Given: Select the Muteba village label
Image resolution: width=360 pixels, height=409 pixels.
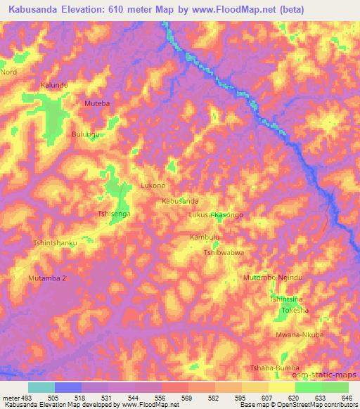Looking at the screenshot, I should [97, 103].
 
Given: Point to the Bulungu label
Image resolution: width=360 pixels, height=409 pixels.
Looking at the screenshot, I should [86, 133].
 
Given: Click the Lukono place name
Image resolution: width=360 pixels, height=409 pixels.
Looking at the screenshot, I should [153, 186].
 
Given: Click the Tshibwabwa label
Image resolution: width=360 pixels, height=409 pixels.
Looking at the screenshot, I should [224, 252].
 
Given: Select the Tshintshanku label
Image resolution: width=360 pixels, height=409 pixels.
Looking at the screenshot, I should [55, 243].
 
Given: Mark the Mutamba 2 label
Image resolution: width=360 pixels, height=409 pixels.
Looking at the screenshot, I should [47, 278].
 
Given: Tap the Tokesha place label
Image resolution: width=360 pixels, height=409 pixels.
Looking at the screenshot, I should [295, 310].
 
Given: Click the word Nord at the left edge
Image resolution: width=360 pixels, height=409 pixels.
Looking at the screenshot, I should [8, 72].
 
